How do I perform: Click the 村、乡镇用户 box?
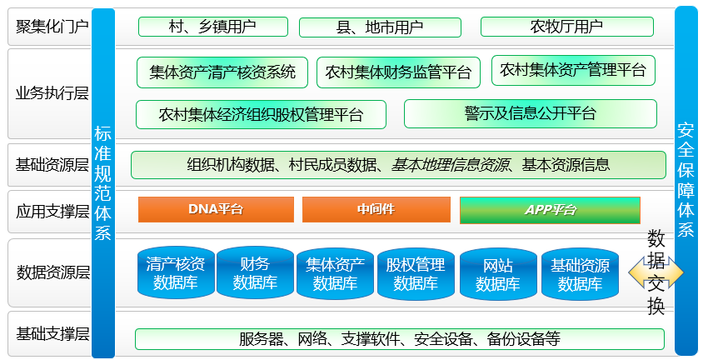pos(213,27)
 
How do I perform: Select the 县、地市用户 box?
pos(380,27)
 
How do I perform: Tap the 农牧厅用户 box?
pos(567,27)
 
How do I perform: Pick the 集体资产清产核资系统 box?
pos(222,72)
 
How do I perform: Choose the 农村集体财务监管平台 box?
pos(399,72)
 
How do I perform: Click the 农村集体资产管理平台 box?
pos(573,70)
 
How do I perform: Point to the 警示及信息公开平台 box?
pos(531,114)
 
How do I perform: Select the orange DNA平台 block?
pos(216,209)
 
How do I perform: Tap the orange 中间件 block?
pos(376,209)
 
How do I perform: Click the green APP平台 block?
pos(550,210)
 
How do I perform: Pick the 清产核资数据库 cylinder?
pos(176,272)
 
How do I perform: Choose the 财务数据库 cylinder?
pos(255,272)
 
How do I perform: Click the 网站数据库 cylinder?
pos(498,274)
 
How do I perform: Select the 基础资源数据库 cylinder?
pos(581,274)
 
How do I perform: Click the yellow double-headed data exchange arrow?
pos(656,272)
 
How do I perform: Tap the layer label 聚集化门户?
pos(52,27)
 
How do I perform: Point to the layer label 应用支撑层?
pos(53,211)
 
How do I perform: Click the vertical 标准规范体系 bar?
pos(103,182)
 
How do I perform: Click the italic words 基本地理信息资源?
pos(450,165)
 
